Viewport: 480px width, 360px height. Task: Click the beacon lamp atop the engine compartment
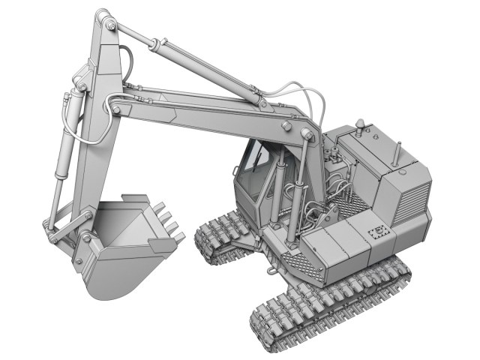362,124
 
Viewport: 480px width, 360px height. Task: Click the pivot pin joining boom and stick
115,111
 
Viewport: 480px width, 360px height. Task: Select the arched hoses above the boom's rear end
307,97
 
